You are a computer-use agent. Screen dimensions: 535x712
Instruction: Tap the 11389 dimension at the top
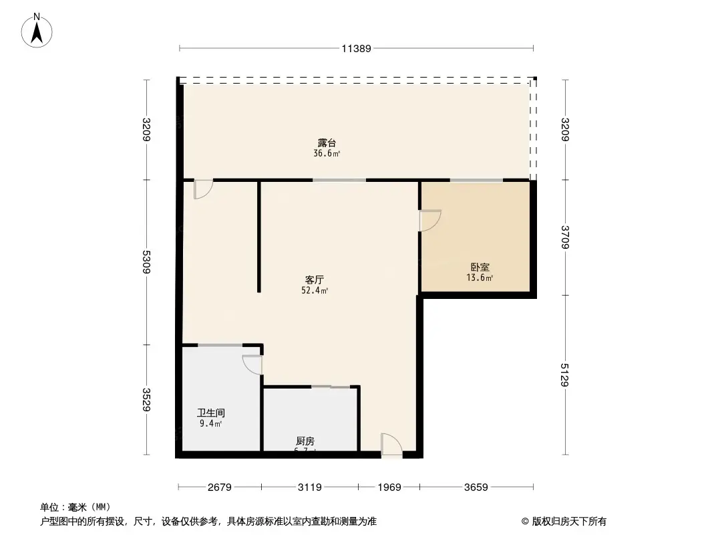click(356, 48)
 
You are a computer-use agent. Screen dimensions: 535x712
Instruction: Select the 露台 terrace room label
click(327, 143)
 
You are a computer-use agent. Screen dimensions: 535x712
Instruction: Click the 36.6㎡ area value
click(327, 154)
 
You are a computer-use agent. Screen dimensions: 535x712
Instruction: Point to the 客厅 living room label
click(315, 280)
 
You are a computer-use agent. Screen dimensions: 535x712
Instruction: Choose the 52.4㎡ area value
click(315, 291)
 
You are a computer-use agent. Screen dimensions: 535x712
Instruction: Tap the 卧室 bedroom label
click(480, 267)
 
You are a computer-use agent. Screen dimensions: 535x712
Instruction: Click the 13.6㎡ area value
click(480, 278)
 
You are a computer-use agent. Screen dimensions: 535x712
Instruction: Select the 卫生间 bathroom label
click(211, 413)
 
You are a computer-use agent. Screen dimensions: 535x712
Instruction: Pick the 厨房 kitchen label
click(305, 441)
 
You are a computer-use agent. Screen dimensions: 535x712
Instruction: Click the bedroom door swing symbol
click(429, 221)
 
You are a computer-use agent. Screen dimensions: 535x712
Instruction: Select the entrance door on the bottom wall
click(391, 445)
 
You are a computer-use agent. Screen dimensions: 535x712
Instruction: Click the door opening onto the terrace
click(202, 189)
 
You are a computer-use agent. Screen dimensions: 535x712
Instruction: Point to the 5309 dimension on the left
click(147, 262)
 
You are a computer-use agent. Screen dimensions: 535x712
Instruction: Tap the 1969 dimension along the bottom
click(389, 488)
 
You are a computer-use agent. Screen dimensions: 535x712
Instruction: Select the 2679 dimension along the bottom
click(219, 488)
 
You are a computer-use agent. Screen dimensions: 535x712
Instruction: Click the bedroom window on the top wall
click(476, 181)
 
